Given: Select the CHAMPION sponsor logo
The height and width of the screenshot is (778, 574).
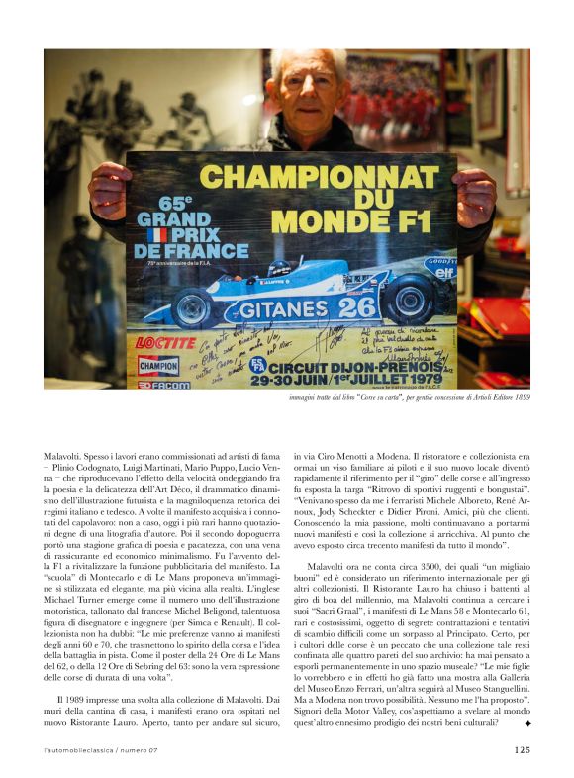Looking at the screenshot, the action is click(x=158, y=366).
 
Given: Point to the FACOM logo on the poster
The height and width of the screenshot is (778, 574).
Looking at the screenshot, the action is click(x=159, y=385).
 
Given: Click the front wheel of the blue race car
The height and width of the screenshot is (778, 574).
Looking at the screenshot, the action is click(x=193, y=309).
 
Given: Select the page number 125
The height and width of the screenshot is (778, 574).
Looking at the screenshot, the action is click(x=522, y=749).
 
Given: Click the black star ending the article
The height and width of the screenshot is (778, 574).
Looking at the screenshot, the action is click(x=527, y=725).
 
